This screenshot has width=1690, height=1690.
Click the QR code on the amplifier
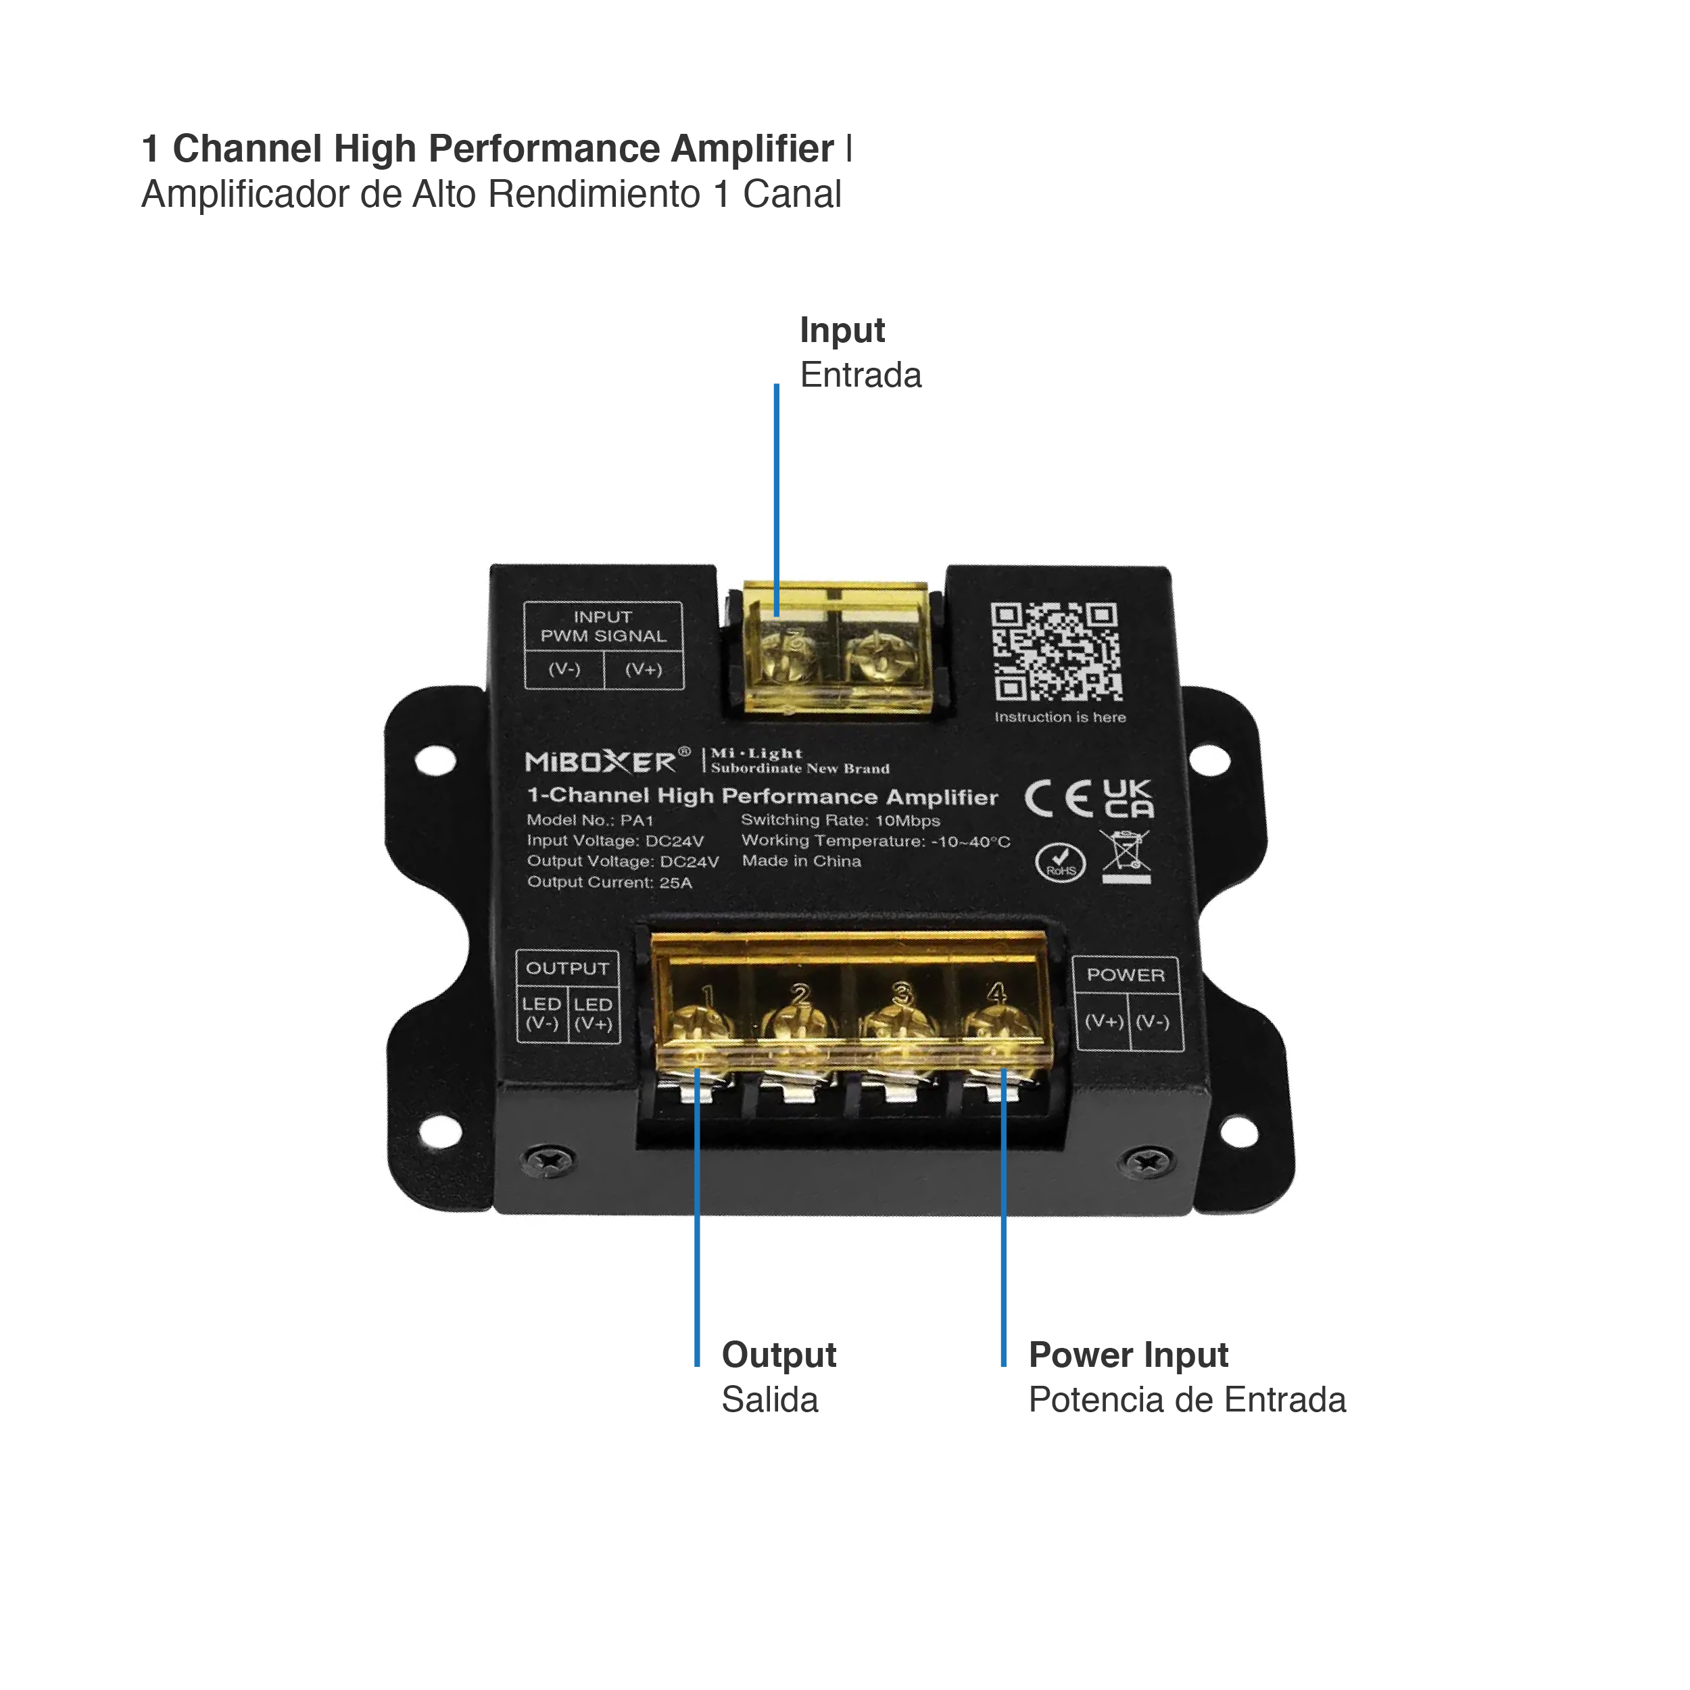(1056, 652)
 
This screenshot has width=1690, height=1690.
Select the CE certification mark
(1059, 798)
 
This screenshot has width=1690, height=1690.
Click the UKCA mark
(1128, 798)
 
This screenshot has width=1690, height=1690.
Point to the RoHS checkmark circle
(1060, 863)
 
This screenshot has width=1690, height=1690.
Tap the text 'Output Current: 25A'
(609, 883)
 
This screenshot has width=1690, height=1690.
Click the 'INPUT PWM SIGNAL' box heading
(603, 627)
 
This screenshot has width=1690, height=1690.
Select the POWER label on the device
(1125, 975)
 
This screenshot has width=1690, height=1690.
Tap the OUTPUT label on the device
(567, 968)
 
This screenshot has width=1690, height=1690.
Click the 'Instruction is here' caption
(1059, 717)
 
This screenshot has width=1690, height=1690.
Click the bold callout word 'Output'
(779, 1354)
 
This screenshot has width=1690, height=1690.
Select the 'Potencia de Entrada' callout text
(1186, 1399)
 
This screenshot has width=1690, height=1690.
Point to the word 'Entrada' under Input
(860, 375)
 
